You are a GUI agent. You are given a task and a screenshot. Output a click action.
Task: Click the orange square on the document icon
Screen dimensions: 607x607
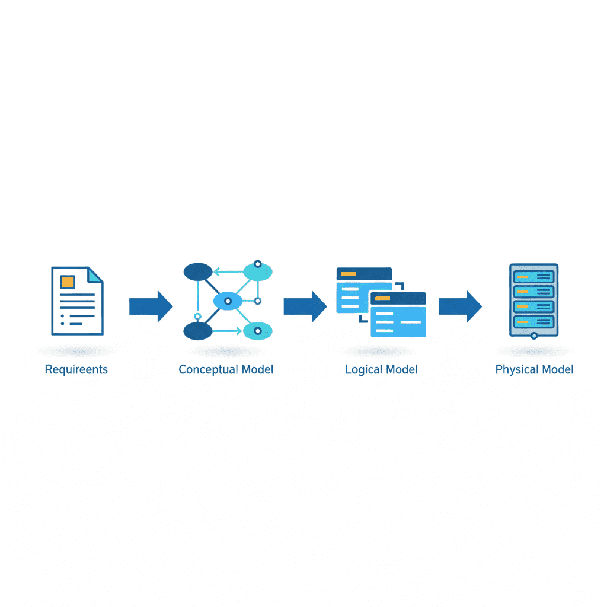coord(68,282)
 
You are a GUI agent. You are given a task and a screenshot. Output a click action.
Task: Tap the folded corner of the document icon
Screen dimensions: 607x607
coord(94,274)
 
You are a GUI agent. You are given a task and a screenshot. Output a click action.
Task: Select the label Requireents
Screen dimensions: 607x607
coord(76,370)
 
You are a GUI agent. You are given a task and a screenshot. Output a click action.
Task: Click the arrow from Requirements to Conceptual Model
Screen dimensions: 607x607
coord(151,306)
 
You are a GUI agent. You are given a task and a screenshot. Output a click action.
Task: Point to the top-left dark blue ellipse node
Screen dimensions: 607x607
coord(198,271)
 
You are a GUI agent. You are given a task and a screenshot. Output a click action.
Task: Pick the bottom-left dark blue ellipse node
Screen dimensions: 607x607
coord(198,331)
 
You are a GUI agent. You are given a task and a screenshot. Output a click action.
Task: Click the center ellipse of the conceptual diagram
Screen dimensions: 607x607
coord(228,301)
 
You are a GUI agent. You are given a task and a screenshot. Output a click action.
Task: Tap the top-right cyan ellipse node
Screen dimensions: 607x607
coord(258,271)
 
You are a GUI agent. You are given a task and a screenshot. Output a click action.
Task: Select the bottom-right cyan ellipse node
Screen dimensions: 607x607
coord(258,331)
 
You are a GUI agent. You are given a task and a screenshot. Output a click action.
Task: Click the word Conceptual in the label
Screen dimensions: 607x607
coord(208,370)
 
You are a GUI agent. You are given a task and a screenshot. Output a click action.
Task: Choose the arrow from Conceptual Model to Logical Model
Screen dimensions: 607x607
coord(305,306)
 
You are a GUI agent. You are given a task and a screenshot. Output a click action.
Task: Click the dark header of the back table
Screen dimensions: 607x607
coord(365,274)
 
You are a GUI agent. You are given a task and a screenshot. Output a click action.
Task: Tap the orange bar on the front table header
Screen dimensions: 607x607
coord(382,298)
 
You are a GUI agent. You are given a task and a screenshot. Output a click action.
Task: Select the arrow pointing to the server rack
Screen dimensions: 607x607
coord(460,306)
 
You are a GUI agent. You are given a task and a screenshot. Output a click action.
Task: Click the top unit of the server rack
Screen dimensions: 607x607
coord(534,277)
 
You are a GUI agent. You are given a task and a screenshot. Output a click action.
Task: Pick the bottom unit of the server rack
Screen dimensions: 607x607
coord(534,322)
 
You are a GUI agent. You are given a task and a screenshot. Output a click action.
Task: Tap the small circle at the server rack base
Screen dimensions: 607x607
coord(534,336)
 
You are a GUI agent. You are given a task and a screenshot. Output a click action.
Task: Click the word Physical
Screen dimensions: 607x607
coord(517,370)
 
